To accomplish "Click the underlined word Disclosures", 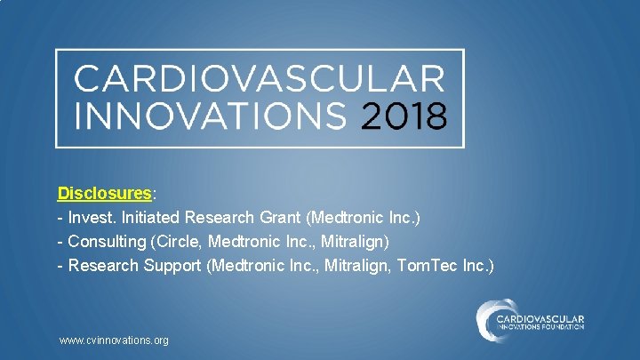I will click(x=105, y=193).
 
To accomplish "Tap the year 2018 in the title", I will click(x=403, y=116).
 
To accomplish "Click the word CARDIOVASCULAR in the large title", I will click(x=258, y=79).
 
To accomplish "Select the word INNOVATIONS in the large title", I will click(x=212, y=116).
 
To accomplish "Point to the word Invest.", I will click(x=92, y=217).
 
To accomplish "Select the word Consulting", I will click(x=108, y=241).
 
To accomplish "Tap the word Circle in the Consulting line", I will click(x=179, y=241).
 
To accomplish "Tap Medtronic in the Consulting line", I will click(x=244, y=241).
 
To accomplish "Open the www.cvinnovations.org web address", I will click(x=113, y=340).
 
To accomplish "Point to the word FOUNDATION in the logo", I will click(x=560, y=327).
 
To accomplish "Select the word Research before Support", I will click(x=103, y=265).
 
